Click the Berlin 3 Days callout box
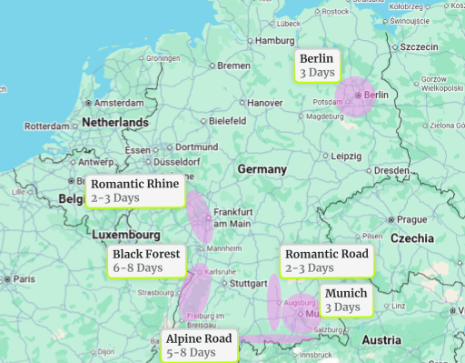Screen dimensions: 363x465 (x=318, y=66)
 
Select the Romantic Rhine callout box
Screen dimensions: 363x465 (x=135, y=190)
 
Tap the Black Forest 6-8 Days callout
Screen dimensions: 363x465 (x=147, y=260)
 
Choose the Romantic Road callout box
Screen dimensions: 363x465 (x=326, y=260)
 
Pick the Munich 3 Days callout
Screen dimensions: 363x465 (x=345, y=300)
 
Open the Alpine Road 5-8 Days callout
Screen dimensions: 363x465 (x=199, y=345)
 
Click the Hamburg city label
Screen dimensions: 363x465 (x=274, y=41)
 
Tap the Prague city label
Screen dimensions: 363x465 (x=411, y=219)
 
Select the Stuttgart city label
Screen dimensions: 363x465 (x=249, y=283)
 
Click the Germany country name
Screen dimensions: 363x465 (x=262, y=170)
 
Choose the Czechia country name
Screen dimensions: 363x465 (x=412, y=237)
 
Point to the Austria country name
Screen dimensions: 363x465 (x=381, y=339)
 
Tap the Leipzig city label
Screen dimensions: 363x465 (x=346, y=156)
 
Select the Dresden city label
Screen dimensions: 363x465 (x=391, y=170)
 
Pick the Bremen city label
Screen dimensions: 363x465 (x=233, y=66)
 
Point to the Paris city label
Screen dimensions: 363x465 (x=24, y=278)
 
